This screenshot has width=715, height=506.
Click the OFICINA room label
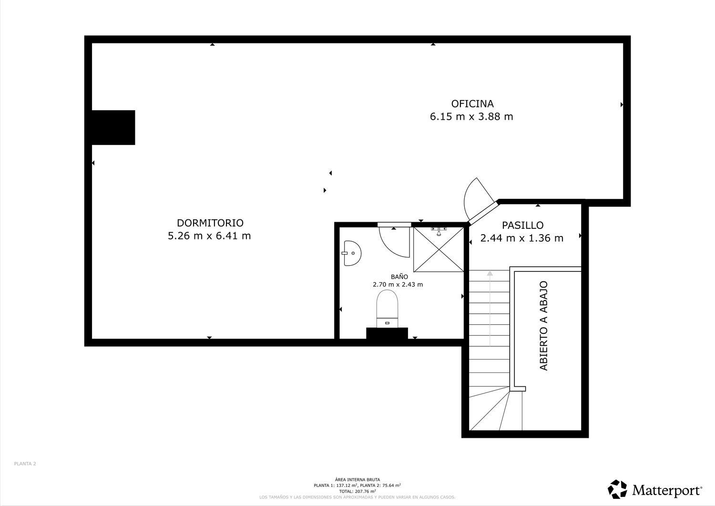click(x=472, y=104)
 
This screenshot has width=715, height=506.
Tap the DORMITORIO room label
click(x=210, y=223)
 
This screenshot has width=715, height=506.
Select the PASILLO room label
click(x=522, y=226)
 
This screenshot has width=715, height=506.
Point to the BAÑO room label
click(x=399, y=277)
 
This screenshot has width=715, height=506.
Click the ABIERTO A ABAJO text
click(x=543, y=326)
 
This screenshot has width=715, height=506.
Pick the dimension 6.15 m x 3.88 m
click(x=471, y=116)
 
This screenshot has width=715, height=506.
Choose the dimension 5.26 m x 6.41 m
click(x=209, y=236)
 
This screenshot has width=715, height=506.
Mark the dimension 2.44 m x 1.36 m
click(x=522, y=238)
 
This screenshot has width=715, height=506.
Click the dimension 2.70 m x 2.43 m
click(x=398, y=285)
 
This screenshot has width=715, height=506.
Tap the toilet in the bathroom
click(x=387, y=309)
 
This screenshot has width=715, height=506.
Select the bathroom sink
click(x=352, y=253)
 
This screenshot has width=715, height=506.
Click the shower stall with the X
click(x=439, y=249)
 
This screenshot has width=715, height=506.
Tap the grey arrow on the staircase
click(x=490, y=309)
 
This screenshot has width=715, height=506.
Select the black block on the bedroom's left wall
click(x=113, y=127)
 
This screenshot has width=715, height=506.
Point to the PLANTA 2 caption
click(x=25, y=464)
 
